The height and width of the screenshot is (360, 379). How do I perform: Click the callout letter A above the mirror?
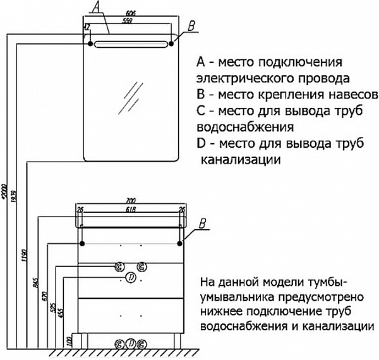coord(95,8)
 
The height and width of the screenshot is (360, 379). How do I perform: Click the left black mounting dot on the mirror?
coord(90,43)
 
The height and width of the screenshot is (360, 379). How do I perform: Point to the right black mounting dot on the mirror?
coord(172,43)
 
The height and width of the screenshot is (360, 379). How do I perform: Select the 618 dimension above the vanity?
coord(131,209)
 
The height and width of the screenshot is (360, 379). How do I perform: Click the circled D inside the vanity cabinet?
coord(130,277)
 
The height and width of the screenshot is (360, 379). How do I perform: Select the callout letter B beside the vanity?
coord(202,222)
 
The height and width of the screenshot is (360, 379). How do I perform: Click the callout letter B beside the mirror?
coord(192,25)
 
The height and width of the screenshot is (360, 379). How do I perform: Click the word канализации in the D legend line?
coord(240,160)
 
